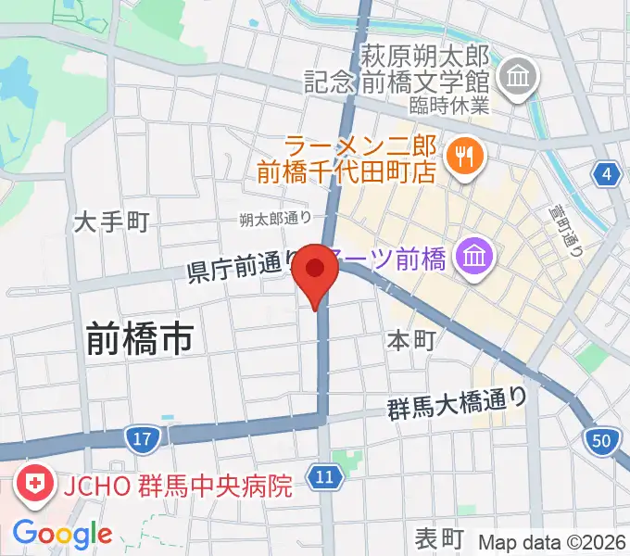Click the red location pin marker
point(317,272)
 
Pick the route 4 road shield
point(607,173)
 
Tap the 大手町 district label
point(112,222)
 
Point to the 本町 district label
point(411,340)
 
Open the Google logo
point(62,534)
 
